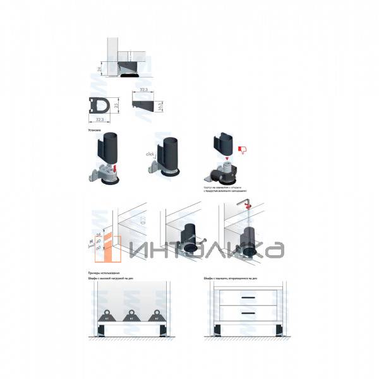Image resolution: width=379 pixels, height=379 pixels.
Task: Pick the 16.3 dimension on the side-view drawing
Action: (x=160, y=105)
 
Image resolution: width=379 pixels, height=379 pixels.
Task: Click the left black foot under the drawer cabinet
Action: (x=218, y=330)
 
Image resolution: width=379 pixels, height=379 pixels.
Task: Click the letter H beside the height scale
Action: (x=92, y=241)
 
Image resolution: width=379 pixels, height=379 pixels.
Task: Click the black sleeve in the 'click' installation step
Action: (x=167, y=152)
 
